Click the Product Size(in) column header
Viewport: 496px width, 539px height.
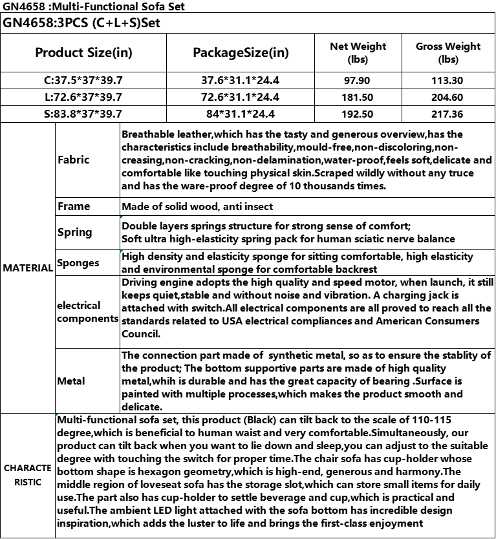click(84, 52)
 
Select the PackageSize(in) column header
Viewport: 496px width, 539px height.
click(241, 52)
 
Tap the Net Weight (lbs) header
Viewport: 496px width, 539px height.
click(358, 52)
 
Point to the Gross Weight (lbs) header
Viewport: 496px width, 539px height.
click(447, 52)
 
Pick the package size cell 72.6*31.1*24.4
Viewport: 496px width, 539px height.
click(241, 98)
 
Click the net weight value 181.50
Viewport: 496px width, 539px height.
click(358, 98)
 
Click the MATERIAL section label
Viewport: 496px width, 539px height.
click(27, 268)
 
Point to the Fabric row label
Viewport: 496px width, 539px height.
click(74, 160)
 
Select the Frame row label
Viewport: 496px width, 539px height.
click(74, 207)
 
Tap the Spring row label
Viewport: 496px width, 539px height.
click(75, 233)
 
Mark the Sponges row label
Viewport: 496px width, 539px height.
click(78, 263)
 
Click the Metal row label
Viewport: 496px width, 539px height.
click(71, 381)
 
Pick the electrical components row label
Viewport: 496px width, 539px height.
click(79, 312)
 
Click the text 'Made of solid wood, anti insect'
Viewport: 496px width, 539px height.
click(197, 207)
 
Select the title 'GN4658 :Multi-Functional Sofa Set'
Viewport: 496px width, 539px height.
click(93, 7)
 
